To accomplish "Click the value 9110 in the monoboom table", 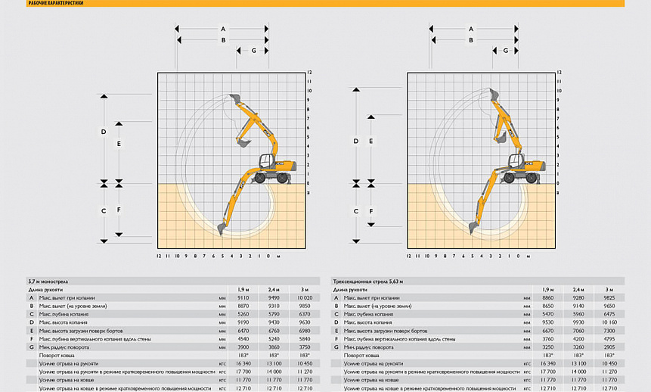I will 243,297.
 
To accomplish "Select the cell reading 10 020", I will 304,297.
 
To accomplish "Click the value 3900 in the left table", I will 243,347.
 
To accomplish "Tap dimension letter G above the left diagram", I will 253,51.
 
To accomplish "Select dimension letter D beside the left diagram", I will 104,132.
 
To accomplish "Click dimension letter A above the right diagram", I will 471,28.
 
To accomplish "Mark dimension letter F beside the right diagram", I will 370,210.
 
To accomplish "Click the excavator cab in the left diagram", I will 267,161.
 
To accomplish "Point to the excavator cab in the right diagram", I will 517,161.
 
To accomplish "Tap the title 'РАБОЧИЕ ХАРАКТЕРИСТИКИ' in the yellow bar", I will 56,3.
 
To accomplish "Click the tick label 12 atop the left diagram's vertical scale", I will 309,73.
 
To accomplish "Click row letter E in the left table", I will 31,330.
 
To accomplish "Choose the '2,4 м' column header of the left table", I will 273,289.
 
